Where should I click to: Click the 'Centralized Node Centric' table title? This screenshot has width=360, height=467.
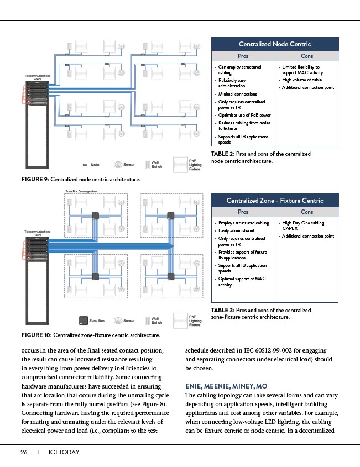click(x=274, y=44)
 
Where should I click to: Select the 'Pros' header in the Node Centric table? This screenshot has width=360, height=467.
click(x=243, y=56)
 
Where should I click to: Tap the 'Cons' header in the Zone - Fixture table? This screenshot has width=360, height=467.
click(x=306, y=212)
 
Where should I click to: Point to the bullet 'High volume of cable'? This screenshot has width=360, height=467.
click(x=302, y=80)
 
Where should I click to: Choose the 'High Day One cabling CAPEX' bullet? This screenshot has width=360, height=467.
click(x=304, y=225)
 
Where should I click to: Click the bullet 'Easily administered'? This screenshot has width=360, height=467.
click(x=236, y=230)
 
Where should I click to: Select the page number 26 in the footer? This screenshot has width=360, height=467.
click(x=24, y=452)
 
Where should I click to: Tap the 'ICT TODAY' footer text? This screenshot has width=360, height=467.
click(x=64, y=452)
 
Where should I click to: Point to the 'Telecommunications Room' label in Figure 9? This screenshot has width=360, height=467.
click(x=38, y=77)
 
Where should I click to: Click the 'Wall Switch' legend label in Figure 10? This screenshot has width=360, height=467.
click(x=157, y=320)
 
